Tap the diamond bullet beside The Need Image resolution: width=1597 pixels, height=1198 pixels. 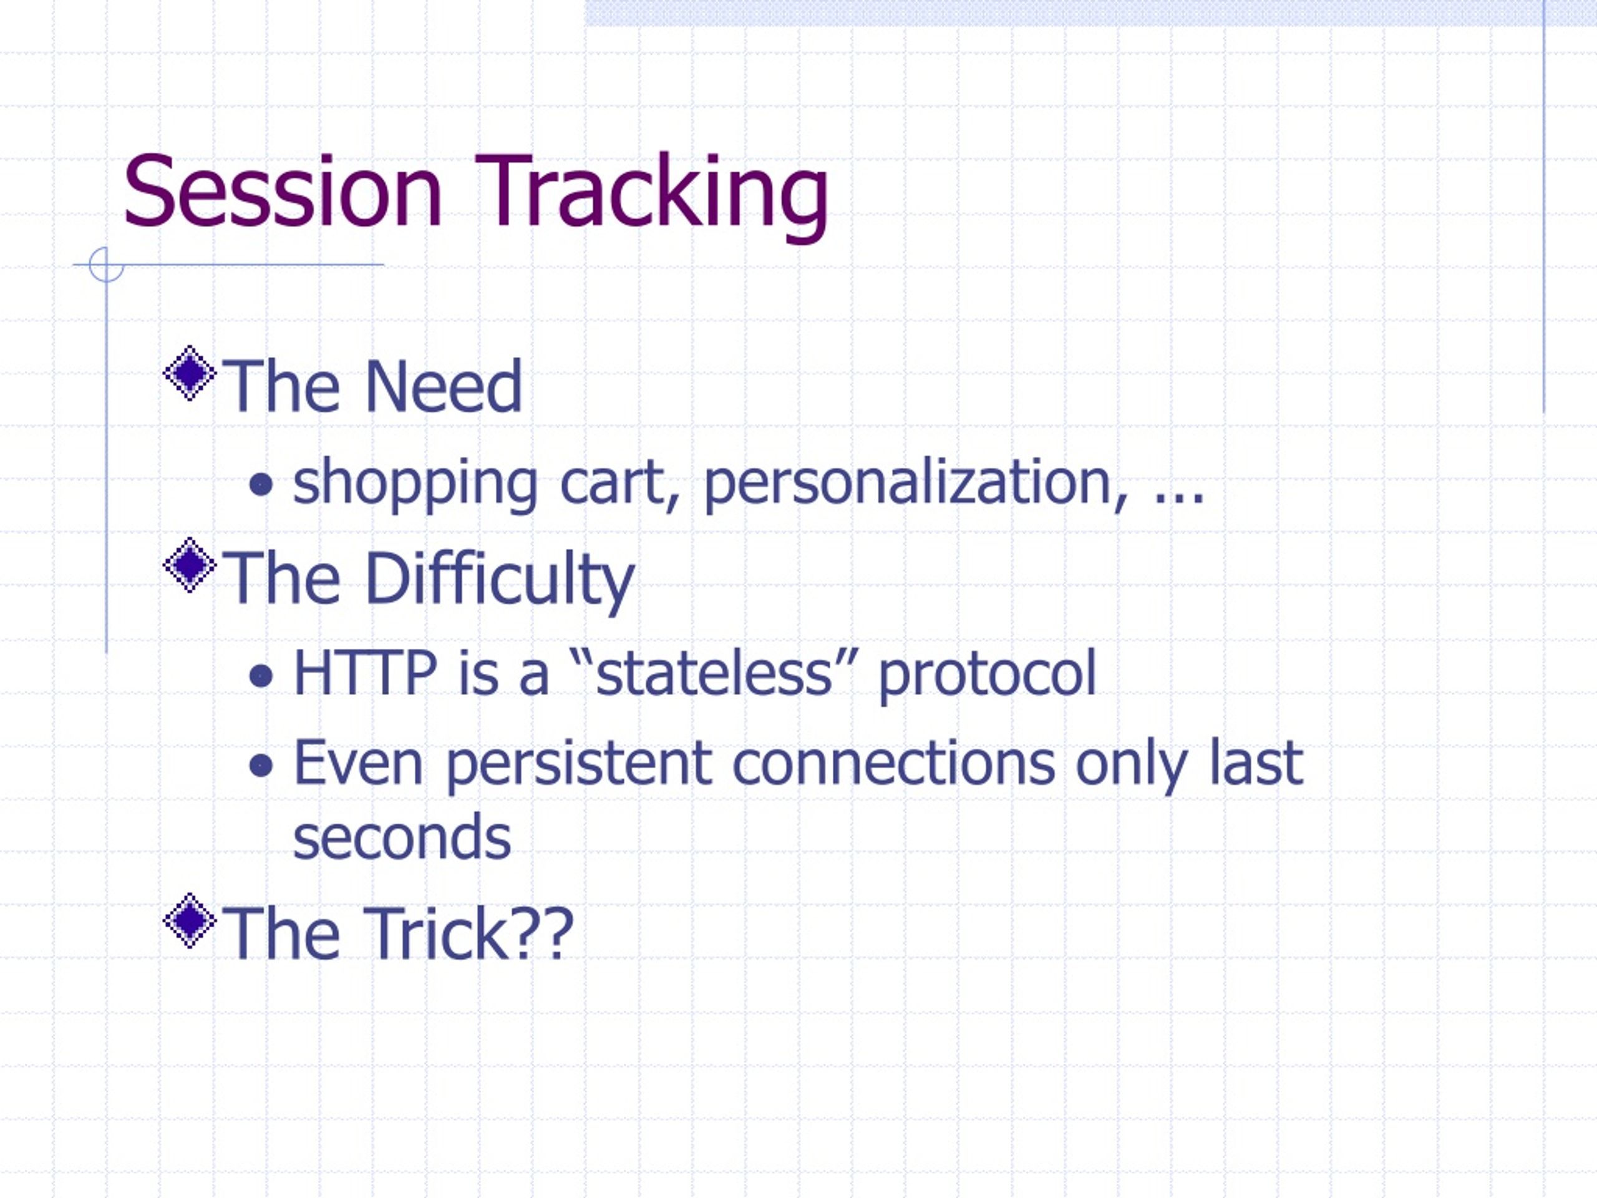[x=190, y=373]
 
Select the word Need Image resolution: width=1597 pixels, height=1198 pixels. [x=444, y=386]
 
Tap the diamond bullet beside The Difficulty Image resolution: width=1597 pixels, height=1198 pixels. [x=190, y=565]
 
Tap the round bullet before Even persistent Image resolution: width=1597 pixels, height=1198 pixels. [x=261, y=766]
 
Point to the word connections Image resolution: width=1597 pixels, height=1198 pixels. [x=894, y=762]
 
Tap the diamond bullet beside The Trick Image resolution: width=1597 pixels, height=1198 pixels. [x=190, y=920]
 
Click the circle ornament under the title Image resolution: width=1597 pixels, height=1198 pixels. [x=107, y=265]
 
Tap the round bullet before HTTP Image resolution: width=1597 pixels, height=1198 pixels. [x=261, y=676]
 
